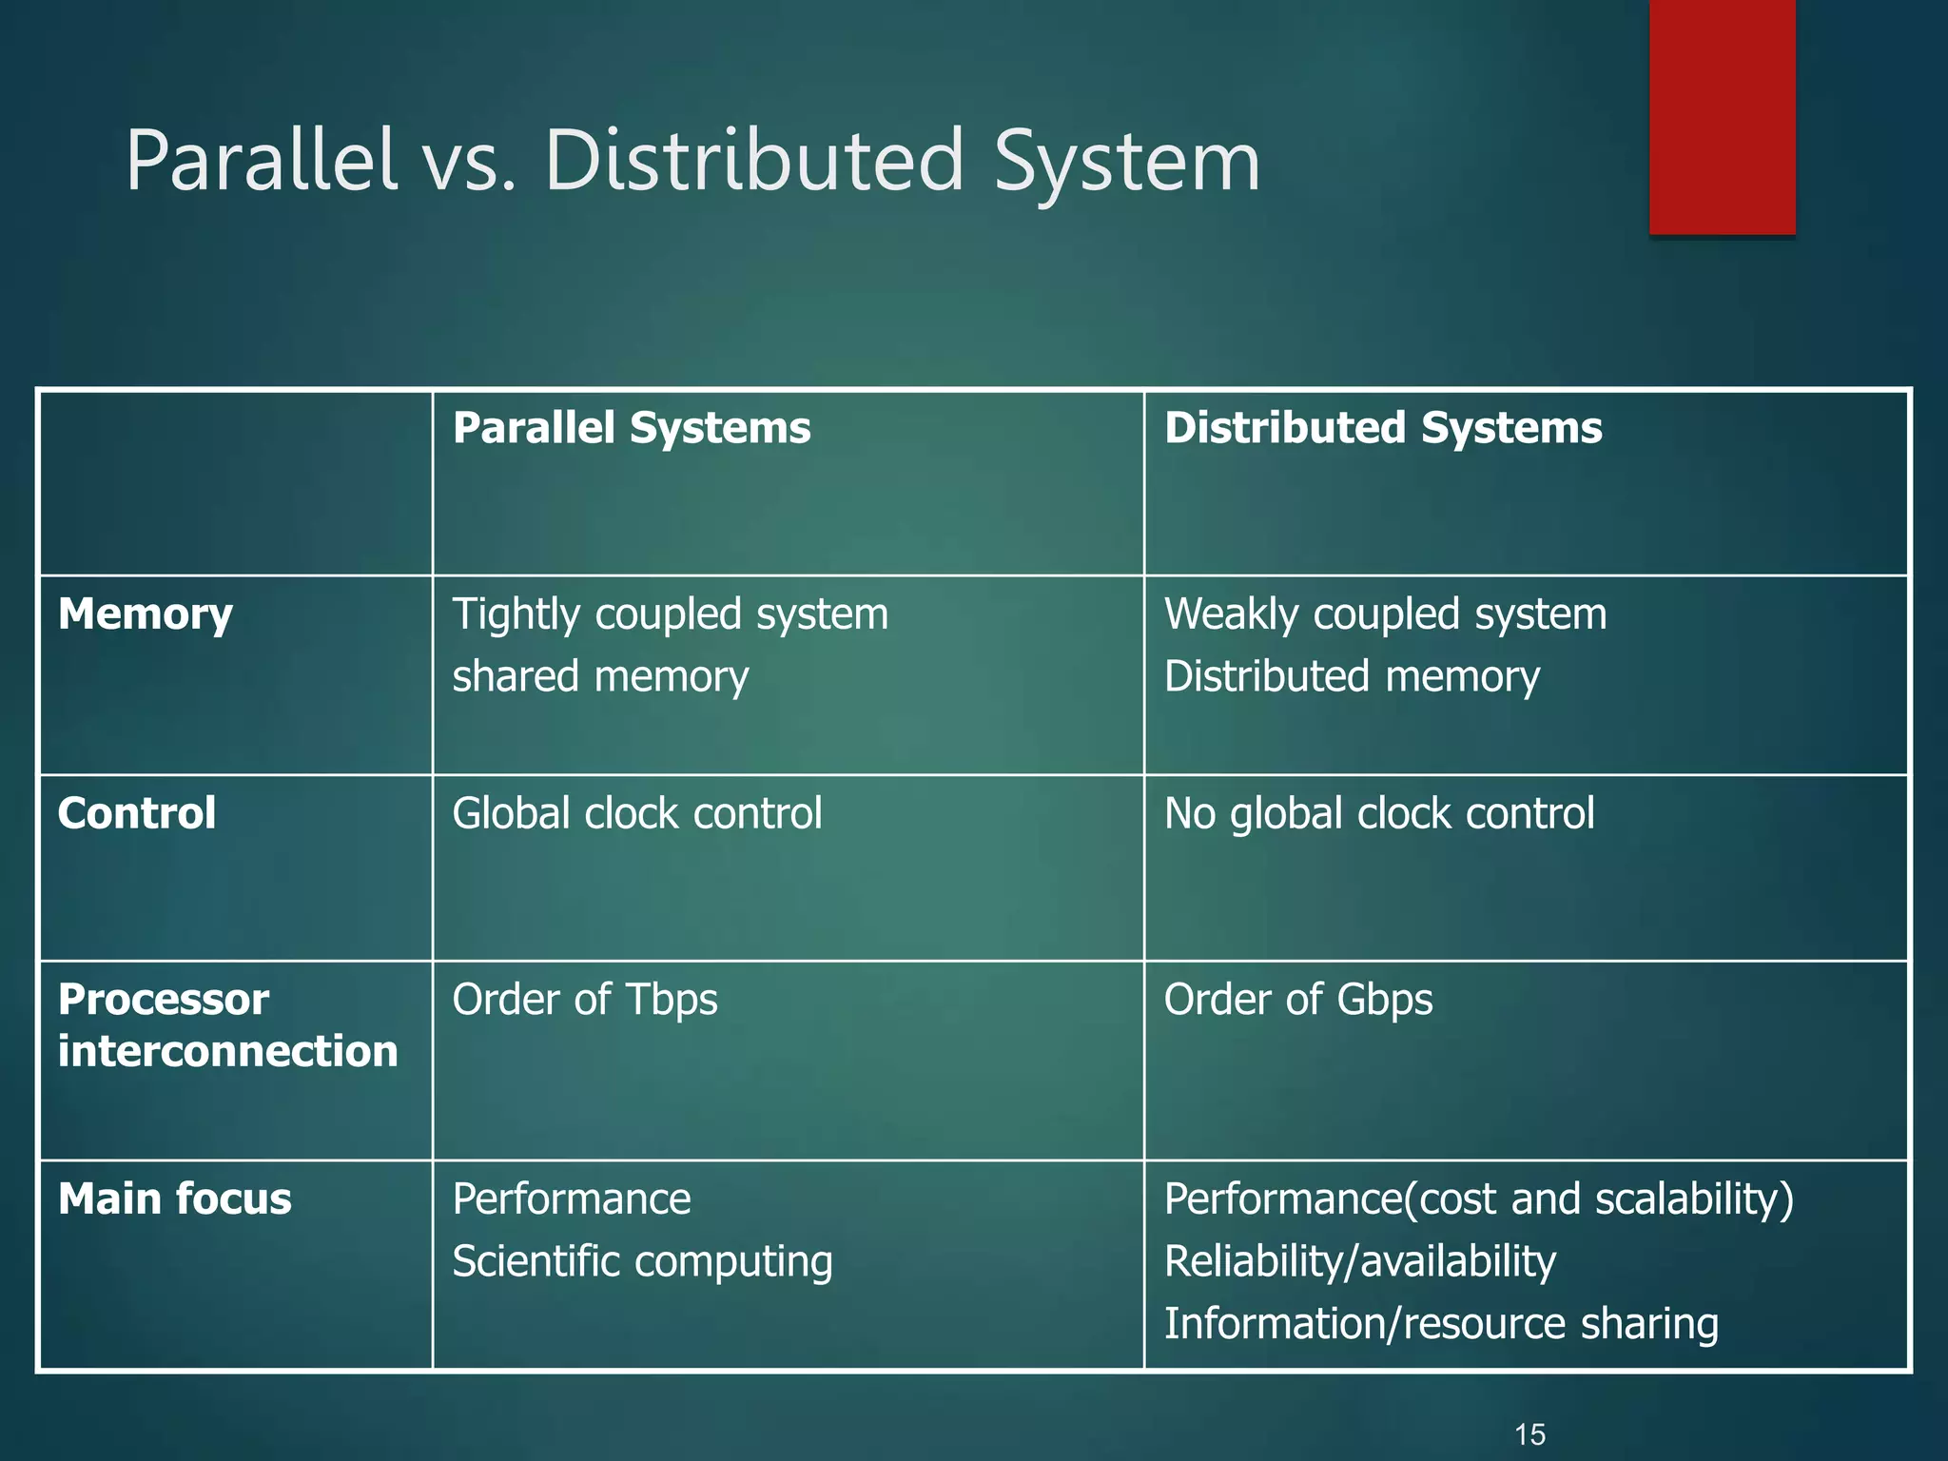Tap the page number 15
point(1529,1434)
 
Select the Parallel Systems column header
point(632,428)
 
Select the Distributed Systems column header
point(1383,428)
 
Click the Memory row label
point(145,615)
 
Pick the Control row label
point(137,814)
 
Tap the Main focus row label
point(174,1199)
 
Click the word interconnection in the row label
point(227,1052)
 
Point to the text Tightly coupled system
point(670,614)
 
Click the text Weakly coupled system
point(1385,614)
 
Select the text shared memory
point(600,677)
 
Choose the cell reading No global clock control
point(1378,814)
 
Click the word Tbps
point(672,1000)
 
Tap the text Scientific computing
point(642,1262)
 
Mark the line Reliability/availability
point(1359,1262)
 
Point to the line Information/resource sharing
point(1440,1324)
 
